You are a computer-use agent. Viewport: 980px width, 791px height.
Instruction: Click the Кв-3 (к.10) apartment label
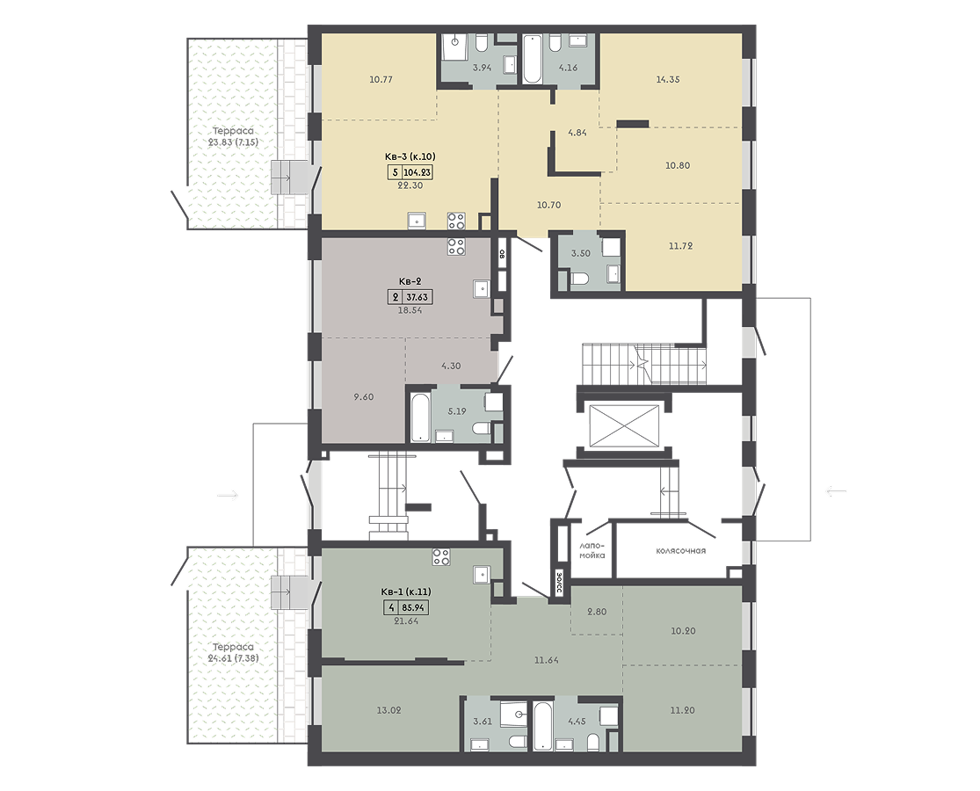point(410,156)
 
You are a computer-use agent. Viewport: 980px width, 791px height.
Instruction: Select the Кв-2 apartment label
point(410,282)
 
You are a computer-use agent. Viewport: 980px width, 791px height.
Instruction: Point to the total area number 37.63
point(417,297)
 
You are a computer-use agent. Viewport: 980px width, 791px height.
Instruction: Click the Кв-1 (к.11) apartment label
point(406,591)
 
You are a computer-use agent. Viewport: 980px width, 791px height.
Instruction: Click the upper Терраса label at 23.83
point(233,131)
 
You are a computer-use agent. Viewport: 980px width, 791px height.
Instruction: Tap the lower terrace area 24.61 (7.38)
point(233,658)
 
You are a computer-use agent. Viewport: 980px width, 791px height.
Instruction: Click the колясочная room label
point(680,551)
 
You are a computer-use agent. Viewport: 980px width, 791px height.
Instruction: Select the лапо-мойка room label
point(592,550)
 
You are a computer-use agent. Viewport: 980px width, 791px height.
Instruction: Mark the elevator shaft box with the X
point(624,426)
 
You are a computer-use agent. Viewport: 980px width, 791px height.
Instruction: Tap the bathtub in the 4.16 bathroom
point(532,59)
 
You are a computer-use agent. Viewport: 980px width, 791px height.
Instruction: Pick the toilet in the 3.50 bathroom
point(578,279)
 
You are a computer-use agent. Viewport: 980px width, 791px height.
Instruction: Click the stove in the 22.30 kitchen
point(456,221)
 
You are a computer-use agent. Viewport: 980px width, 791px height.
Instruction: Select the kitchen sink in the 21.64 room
point(482,574)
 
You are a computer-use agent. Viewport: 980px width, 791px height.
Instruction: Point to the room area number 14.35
point(667,79)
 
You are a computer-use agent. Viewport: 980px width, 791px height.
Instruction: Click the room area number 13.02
point(388,710)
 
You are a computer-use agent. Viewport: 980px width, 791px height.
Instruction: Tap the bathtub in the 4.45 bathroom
point(542,725)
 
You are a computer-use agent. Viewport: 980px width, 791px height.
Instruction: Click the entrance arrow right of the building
point(836,491)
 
